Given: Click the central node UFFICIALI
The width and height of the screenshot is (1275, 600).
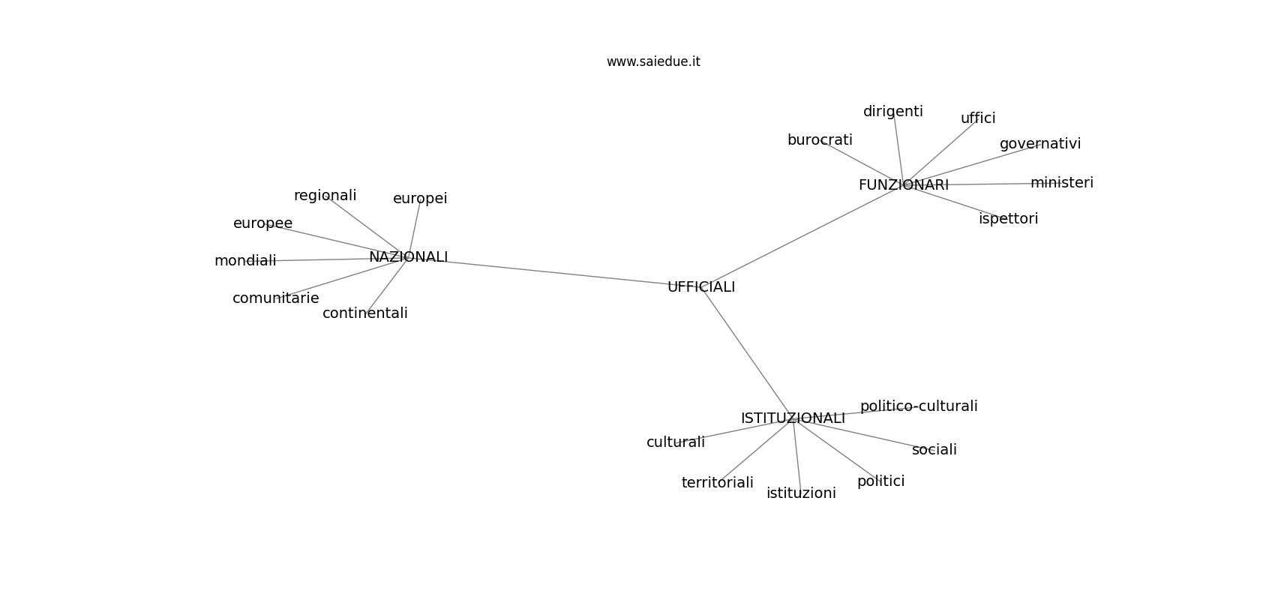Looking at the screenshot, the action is (701, 287).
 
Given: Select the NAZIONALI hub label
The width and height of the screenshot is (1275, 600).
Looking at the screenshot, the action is (409, 257).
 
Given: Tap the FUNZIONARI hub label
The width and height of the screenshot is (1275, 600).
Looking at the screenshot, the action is (904, 185).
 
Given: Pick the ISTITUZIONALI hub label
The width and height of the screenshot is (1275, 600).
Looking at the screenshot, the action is (793, 418).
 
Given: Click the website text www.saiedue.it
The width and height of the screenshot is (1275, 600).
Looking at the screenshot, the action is (653, 61).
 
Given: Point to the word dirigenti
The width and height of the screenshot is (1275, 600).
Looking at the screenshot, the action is (893, 112).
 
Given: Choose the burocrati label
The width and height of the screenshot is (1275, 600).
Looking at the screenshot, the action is (820, 140).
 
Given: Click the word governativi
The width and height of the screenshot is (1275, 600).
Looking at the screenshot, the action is (1040, 144).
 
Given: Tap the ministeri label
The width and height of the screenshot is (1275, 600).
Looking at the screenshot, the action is (1062, 183).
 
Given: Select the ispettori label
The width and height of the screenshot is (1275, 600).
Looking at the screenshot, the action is (1009, 218).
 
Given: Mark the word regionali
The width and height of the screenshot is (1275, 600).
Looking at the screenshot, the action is (325, 196).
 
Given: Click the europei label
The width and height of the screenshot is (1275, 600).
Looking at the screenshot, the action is (420, 199).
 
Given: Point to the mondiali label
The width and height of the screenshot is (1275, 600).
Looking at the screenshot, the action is (245, 261).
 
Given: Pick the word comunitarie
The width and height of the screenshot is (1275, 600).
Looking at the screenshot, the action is (276, 298).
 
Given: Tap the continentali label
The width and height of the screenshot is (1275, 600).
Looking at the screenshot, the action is (365, 313).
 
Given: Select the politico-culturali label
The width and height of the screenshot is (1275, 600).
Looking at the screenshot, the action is (919, 406).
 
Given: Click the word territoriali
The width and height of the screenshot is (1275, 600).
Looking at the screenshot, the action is (718, 483).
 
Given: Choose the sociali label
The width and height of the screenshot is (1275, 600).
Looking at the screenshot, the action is (934, 450).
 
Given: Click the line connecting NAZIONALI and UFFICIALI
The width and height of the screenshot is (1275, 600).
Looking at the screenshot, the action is (555, 272).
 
